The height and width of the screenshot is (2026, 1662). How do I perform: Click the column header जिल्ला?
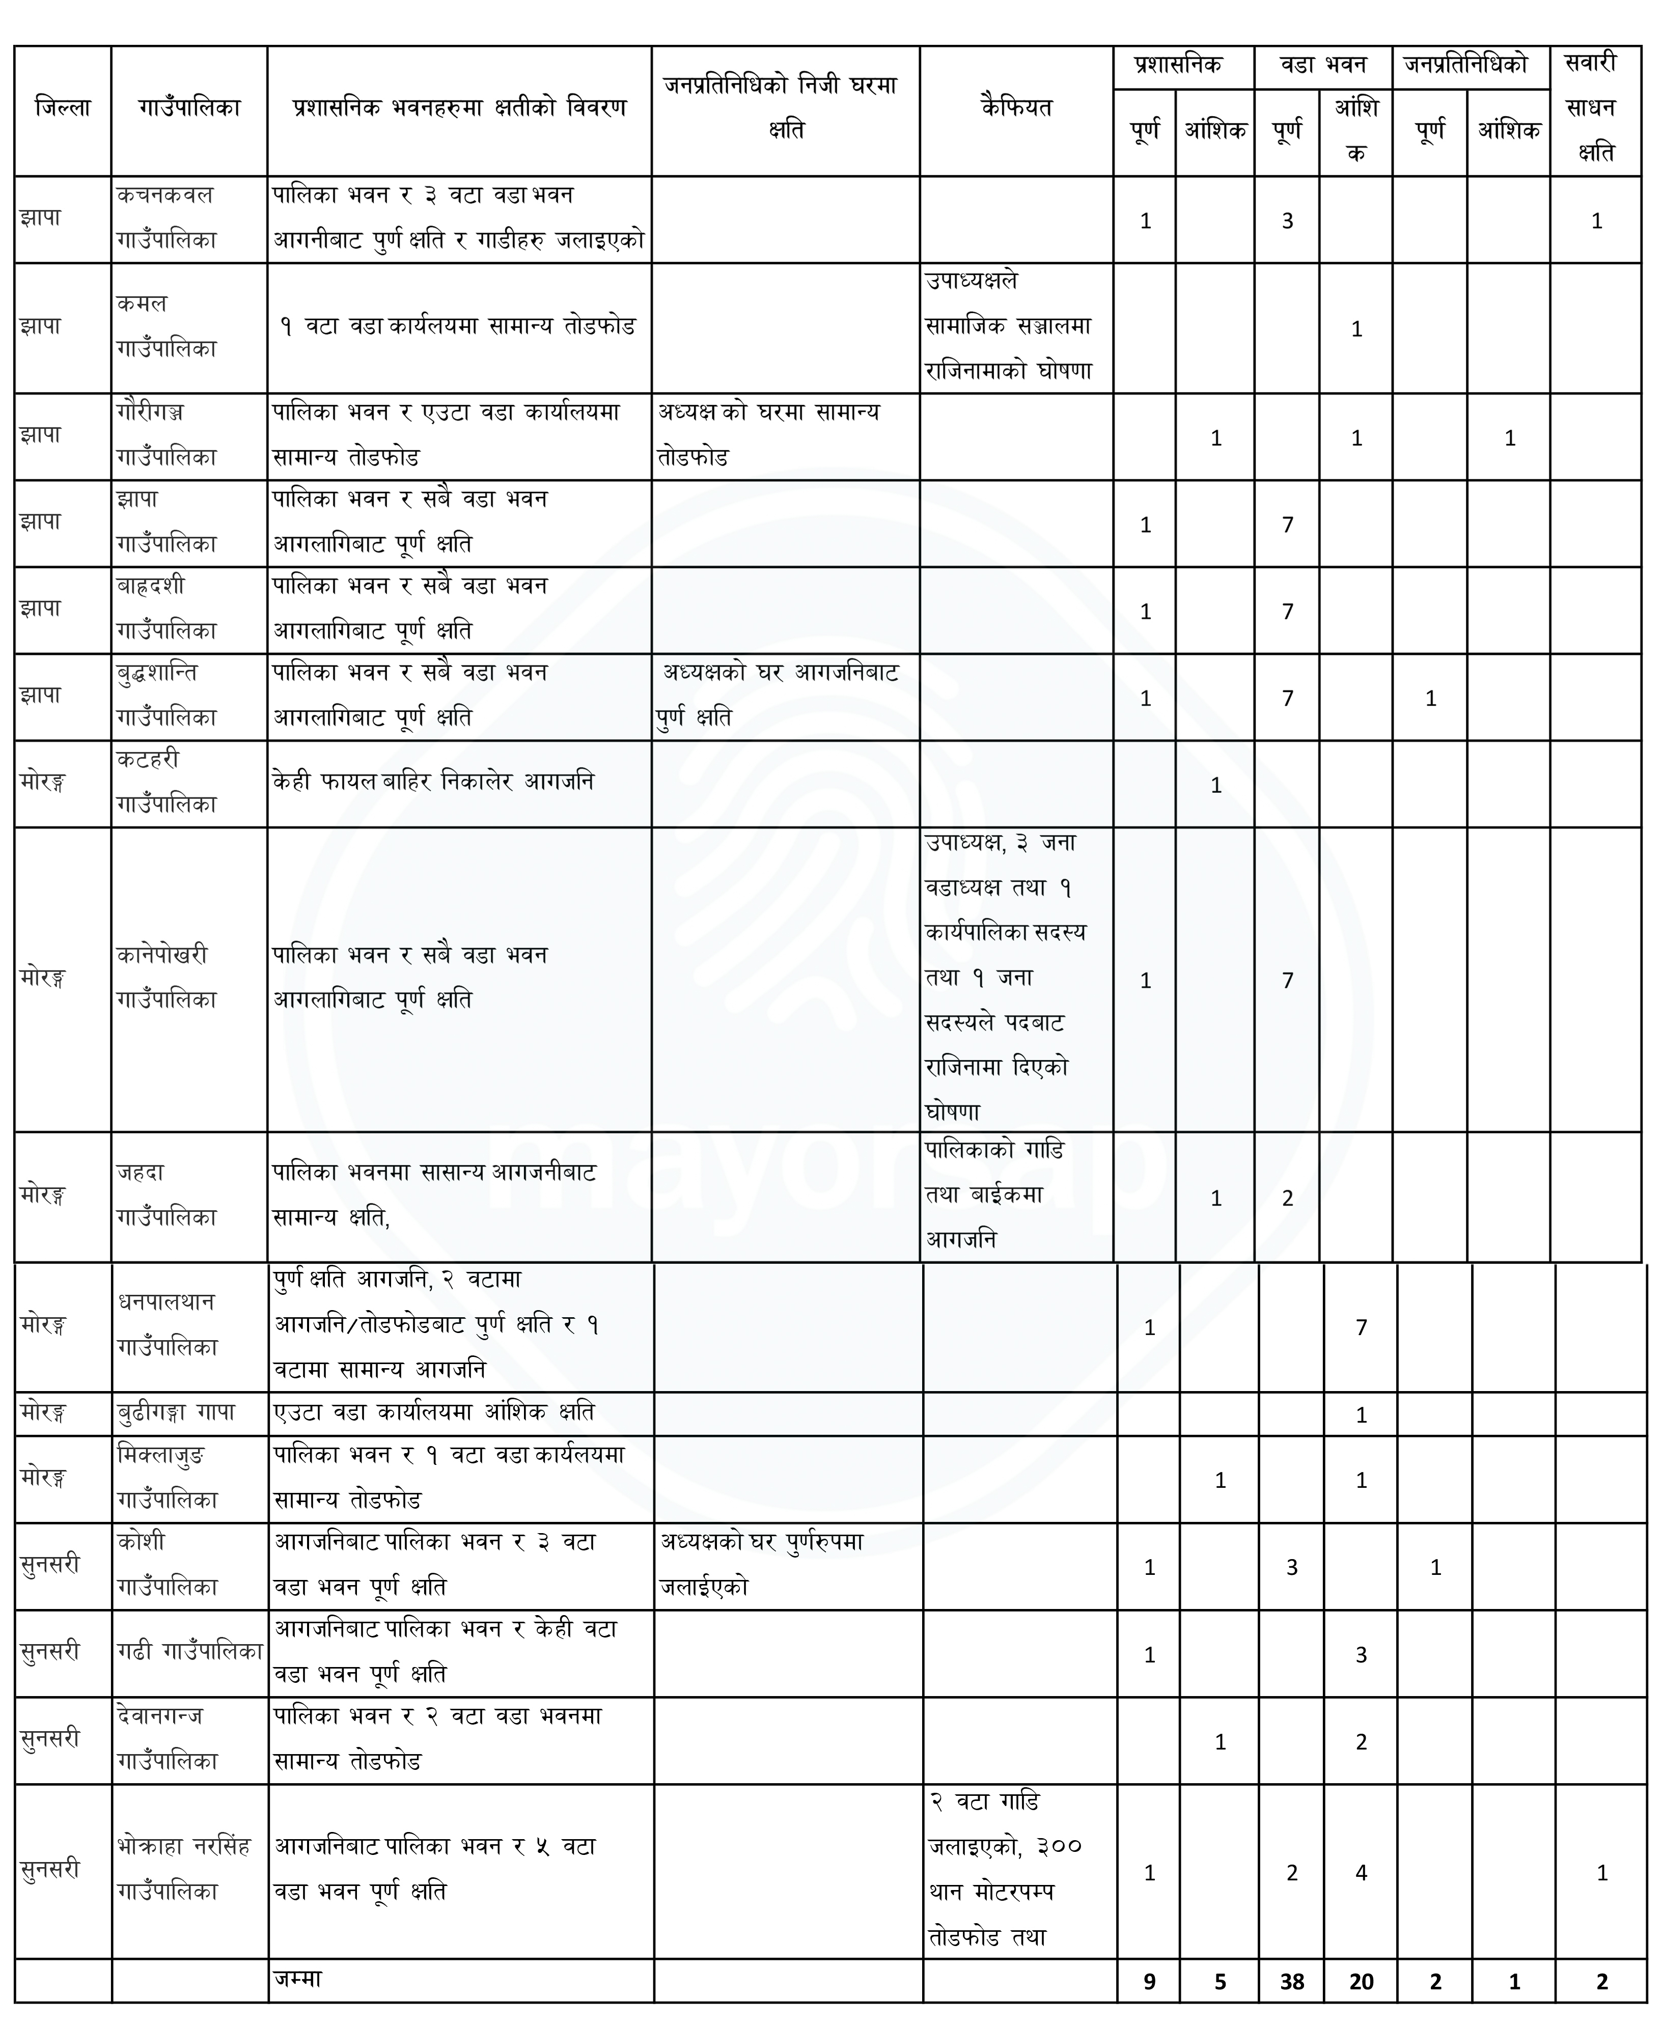(62, 108)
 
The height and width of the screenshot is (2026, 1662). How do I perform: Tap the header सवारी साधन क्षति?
(1595, 108)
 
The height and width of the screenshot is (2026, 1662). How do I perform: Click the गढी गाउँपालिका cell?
(189, 1651)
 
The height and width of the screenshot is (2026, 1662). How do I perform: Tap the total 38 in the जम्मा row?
(1291, 1982)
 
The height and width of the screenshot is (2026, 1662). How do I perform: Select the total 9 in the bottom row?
(1149, 1982)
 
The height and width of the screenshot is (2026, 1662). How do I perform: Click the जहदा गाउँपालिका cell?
(168, 1195)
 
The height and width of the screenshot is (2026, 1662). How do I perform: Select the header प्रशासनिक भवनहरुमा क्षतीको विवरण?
(459, 108)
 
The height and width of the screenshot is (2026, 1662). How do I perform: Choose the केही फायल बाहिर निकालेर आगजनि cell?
(433, 782)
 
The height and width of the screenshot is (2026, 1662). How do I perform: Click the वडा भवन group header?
(1323, 66)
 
